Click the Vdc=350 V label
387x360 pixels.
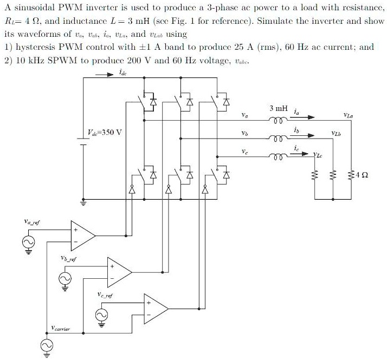[105, 132]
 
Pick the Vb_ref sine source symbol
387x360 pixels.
[65, 278]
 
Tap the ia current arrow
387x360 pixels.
[304, 117]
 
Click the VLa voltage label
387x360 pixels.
[349, 115]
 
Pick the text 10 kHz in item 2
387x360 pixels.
[29, 61]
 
